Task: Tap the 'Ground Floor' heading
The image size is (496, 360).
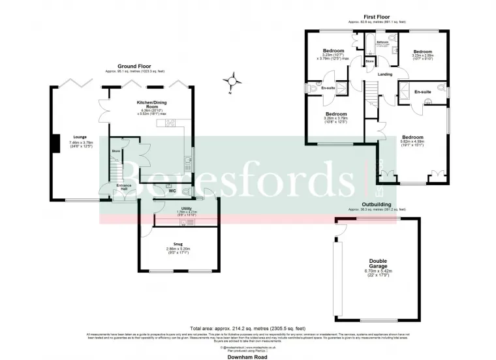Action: (133, 66)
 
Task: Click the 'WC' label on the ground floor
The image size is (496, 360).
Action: (172, 191)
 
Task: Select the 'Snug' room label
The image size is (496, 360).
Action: (178, 245)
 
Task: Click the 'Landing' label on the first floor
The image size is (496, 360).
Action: (385, 74)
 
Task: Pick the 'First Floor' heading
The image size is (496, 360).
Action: (377, 17)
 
